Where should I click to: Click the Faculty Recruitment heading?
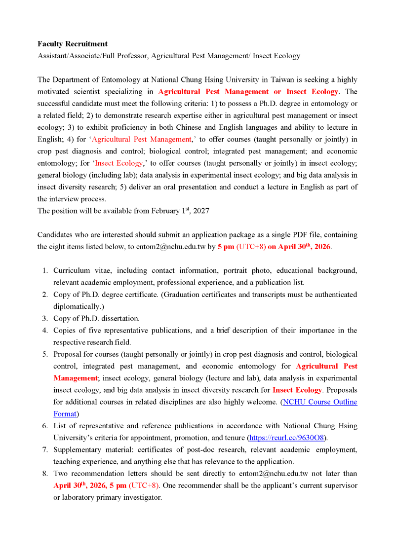[73, 44]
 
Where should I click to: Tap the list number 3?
[44, 318]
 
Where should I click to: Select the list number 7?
[44, 449]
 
